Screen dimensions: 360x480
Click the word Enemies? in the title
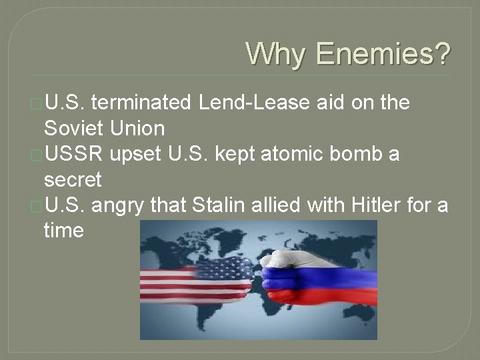click(383, 54)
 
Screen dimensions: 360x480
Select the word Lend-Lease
click(253, 103)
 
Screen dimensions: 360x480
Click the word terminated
click(141, 103)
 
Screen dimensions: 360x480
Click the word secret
click(73, 179)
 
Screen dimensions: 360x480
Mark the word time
click(63, 231)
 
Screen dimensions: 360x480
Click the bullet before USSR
click(37, 155)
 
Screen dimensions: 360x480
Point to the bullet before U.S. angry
click(37, 206)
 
